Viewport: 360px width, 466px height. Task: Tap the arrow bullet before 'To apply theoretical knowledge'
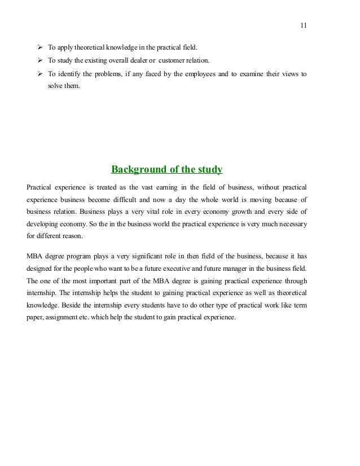pos(40,46)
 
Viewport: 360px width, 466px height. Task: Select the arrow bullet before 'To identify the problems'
pos(40,74)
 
